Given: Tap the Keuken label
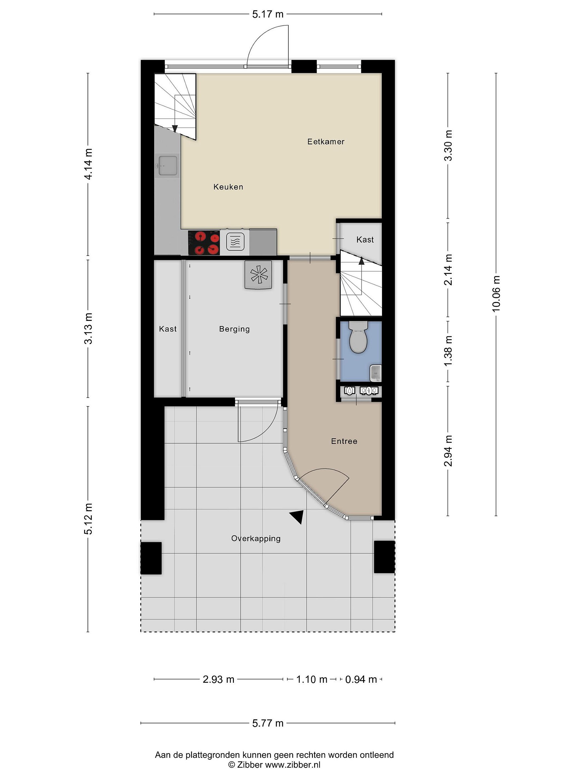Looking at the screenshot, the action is point(228,187).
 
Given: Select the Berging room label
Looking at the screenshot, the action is point(234,329).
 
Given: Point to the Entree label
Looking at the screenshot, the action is point(344,441).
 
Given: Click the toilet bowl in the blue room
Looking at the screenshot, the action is point(358,337).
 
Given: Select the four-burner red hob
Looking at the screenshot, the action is point(204,242).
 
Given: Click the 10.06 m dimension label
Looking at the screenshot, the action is point(496,294).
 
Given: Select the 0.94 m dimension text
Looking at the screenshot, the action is point(361,679).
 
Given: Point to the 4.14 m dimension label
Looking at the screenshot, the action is point(88,164).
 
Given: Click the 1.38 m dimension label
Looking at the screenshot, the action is point(448,351).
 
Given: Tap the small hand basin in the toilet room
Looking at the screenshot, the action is point(376,373).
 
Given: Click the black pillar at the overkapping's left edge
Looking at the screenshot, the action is point(151,558).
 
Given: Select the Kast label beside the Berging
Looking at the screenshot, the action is point(168,329).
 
